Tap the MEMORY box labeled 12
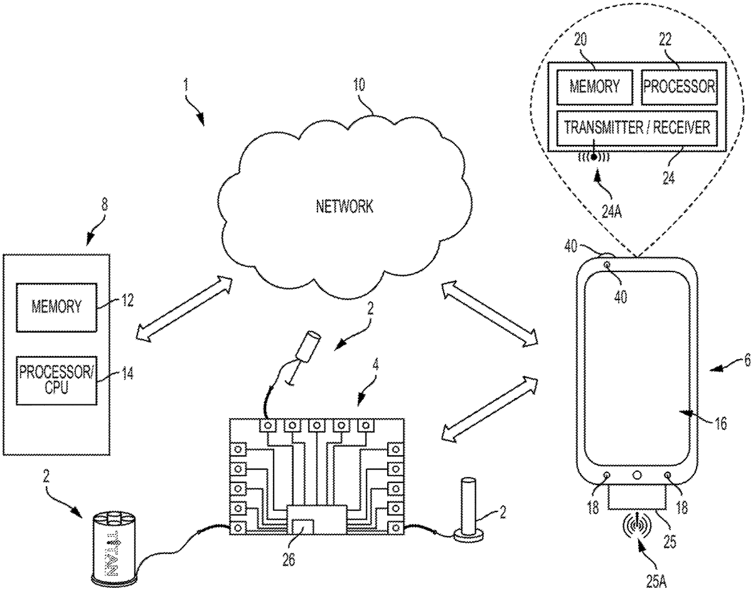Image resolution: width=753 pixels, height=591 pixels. [57, 306]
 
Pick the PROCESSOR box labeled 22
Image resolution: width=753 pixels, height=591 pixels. [678, 86]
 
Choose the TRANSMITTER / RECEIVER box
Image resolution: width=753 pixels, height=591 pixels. [636, 127]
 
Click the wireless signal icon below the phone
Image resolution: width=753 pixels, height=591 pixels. [636, 523]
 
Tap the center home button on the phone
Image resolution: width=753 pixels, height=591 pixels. [636, 476]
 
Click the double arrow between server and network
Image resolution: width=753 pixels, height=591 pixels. [178, 308]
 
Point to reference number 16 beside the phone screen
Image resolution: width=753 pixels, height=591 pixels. [720, 424]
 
